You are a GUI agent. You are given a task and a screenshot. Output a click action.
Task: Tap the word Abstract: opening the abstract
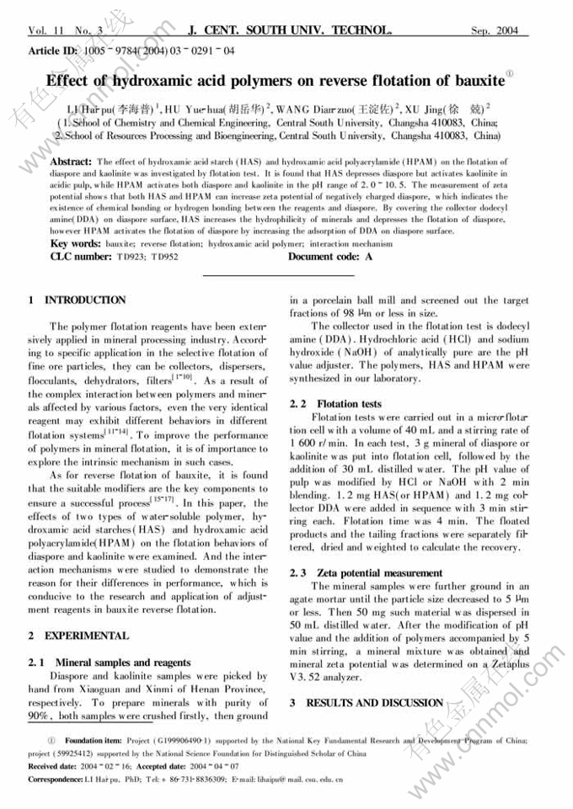click(x=72, y=160)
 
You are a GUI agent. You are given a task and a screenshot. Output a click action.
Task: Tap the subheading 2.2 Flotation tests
click(x=335, y=404)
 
